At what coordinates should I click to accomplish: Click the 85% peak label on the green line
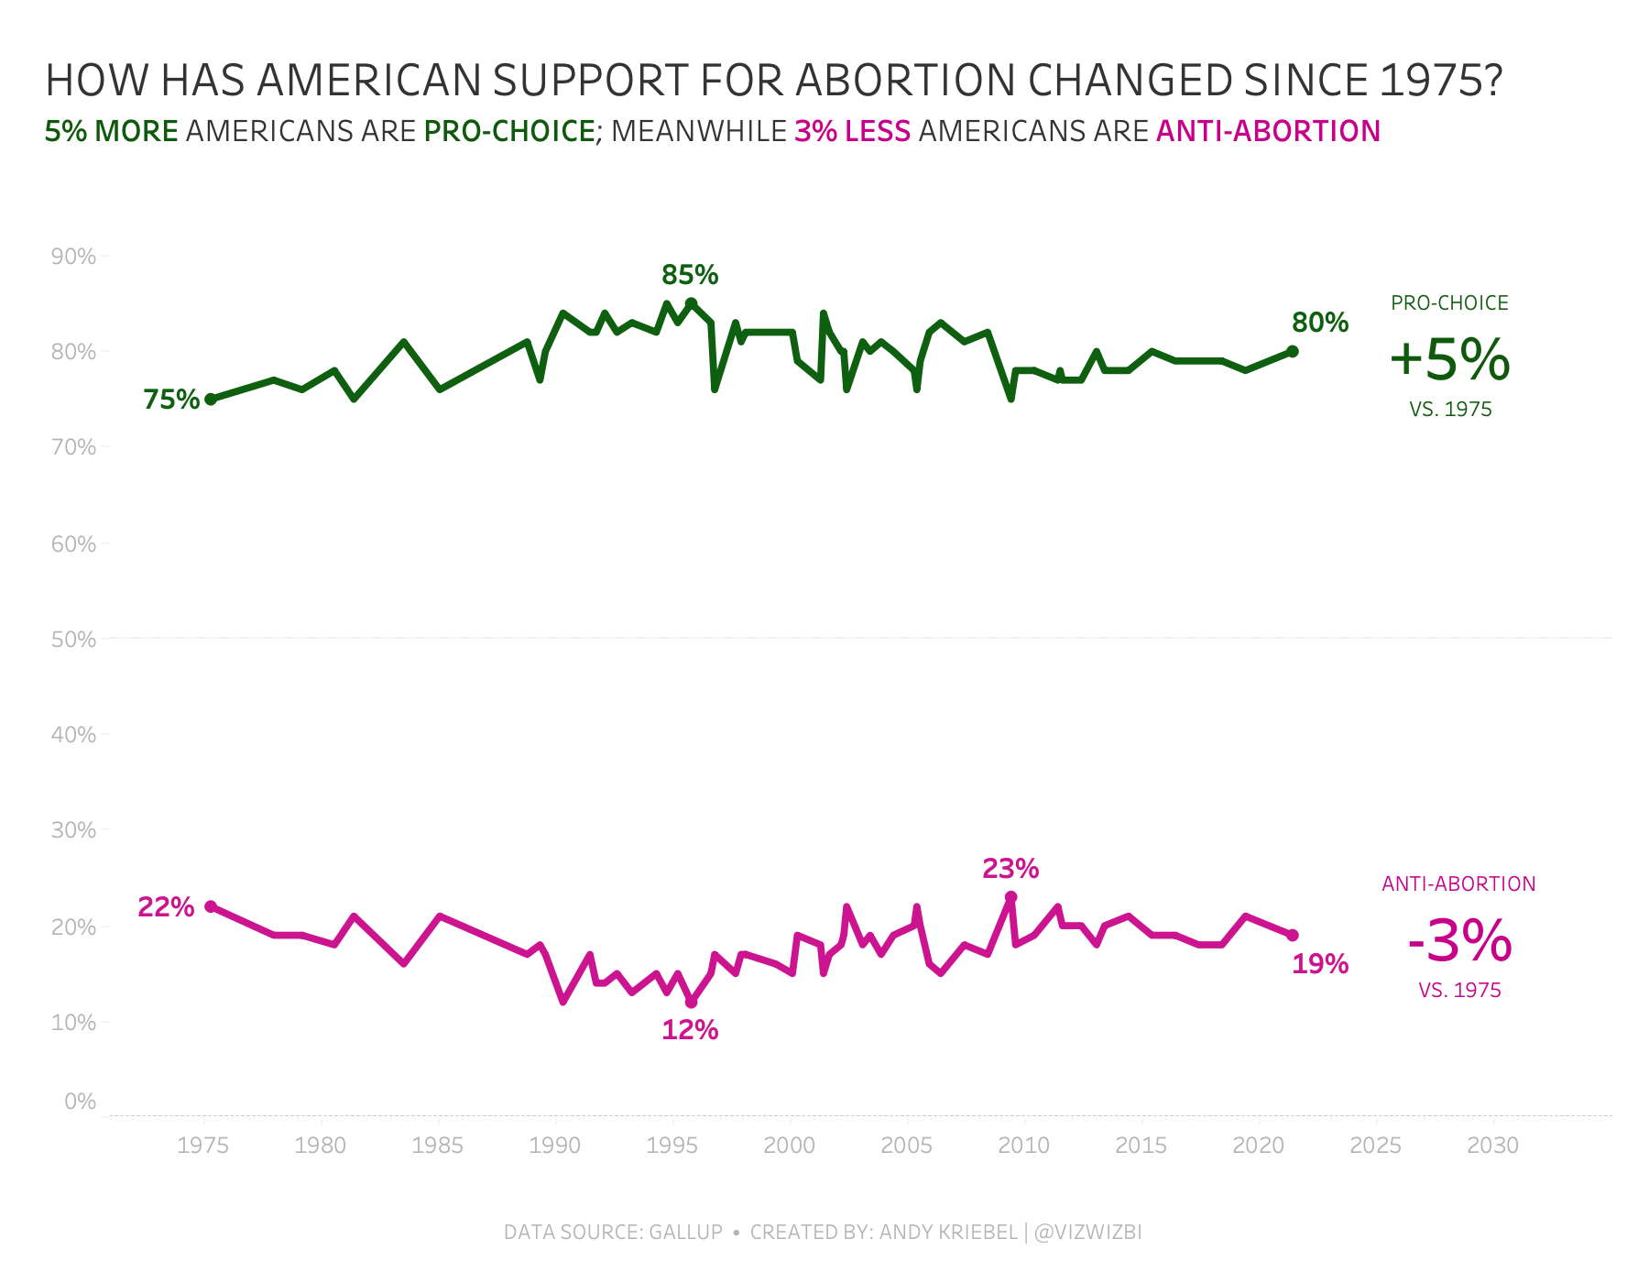[x=690, y=275]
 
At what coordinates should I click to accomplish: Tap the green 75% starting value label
[x=171, y=400]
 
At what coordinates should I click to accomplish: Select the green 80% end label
[x=1320, y=323]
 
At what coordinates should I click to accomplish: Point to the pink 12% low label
[x=690, y=1030]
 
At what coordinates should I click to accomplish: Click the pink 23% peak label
[x=1010, y=869]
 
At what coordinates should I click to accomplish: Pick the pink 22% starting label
[x=166, y=907]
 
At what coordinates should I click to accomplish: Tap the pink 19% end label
[x=1320, y=964]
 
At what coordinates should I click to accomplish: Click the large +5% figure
[x=1449, y=359]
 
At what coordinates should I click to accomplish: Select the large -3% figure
[x=1459, y=941]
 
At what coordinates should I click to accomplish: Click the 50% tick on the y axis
[x=74, y=640]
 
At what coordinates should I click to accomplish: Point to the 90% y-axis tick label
[x=74, y=257]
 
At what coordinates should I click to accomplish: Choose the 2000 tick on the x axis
[x=790, y=1146]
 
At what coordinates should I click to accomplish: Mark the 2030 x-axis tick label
[x=1493, y=1146]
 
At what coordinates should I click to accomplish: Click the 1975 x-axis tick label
[x=203, y=1146]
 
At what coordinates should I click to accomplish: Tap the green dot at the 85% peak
[x=692, y=303]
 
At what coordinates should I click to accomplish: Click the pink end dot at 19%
[x=1293, y=936]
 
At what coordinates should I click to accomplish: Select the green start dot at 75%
[x=211, y=400]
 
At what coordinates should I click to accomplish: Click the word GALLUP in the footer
[x=686, y=1233]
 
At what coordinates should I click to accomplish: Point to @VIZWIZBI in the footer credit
[x=1087, y=1233]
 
